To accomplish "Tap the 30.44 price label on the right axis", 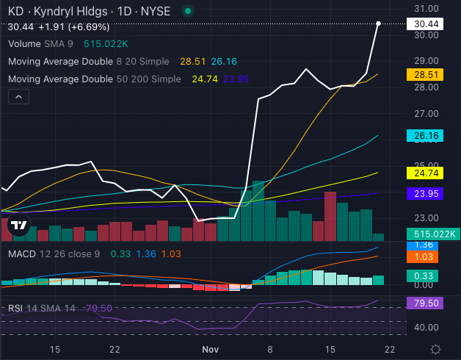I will point(426,24).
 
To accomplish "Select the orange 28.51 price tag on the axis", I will point(426,74).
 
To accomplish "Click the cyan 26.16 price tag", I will point(426,136).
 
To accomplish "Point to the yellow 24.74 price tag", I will point(426,173).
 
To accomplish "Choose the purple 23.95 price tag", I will point(426,193).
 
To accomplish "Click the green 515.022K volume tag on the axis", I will point(432,234).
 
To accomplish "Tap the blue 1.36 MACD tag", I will point(426,245).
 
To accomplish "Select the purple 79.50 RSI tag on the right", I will point(426,303).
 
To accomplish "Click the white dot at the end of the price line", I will point(378,24).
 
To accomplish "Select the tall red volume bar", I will point(330,216).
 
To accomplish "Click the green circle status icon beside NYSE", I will point(189,12).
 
